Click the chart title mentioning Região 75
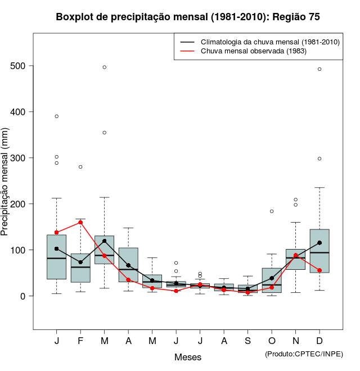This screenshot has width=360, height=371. pos(188,17)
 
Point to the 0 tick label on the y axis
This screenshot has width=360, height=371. pos(24,296)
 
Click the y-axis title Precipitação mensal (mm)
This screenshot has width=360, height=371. pos(6,188)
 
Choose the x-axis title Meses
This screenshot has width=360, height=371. pos(188,357)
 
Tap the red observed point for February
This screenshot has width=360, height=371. pos(80,222)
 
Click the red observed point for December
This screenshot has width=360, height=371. pos(319,270)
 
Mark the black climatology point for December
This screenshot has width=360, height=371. pos(319,243)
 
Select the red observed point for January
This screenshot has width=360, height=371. pos(56,233)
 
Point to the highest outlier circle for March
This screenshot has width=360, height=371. pos(104,67)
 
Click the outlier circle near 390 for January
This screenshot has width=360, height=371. pos(56,116)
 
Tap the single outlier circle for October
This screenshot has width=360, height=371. pos(272,211)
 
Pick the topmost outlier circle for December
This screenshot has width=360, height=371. pos(319,69)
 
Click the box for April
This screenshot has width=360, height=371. pos(128,264)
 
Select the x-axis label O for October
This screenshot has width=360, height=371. pos(272,341)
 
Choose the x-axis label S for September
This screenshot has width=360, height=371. pos(247,341)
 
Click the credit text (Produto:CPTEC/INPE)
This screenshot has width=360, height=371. pos(304,354)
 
